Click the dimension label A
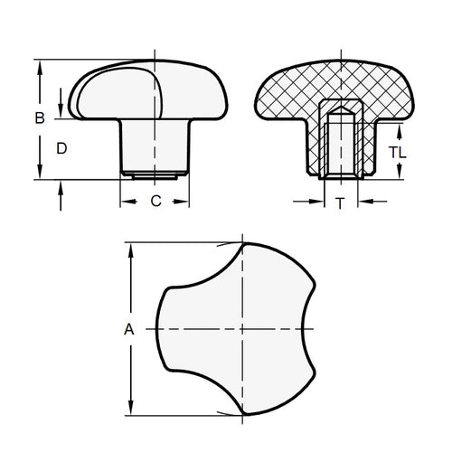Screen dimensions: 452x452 tap(128, 330)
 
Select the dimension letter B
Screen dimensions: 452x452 tap(39, 118)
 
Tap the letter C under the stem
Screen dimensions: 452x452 tap(155, 202)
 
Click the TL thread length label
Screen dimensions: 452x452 tap(397, 153)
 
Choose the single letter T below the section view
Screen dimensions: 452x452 tap(339, 204)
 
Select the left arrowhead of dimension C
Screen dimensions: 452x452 tap(125, 202)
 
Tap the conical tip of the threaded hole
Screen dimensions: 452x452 tap(339, 115)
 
